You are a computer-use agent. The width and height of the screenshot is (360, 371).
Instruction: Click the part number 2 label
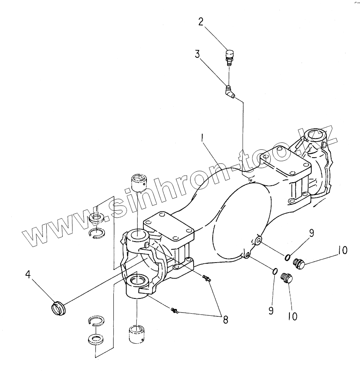201,21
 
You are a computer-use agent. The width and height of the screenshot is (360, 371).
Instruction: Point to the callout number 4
28,275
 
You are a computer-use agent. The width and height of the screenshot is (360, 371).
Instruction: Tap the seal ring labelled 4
59,308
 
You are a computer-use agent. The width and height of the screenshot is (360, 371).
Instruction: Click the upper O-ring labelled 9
288,257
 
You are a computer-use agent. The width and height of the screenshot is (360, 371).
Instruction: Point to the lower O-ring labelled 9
274,271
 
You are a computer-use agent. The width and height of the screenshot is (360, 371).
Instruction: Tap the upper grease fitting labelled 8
206,277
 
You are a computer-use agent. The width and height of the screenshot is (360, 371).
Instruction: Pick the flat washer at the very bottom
95,339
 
